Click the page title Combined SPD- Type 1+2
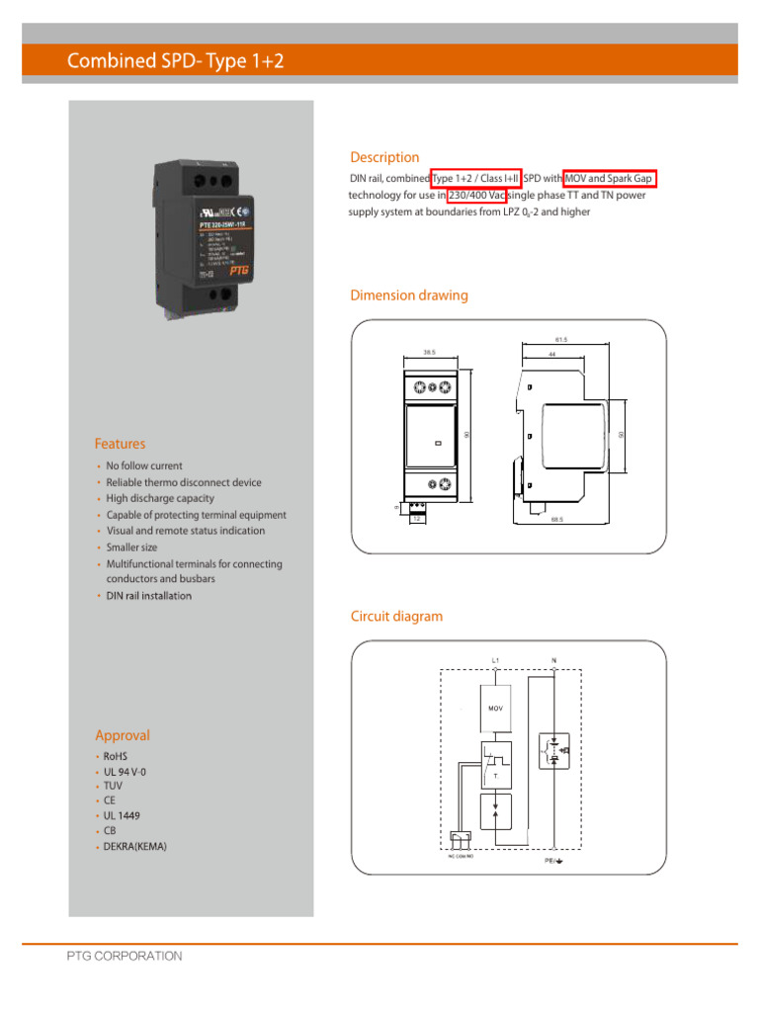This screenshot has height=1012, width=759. [175, 62]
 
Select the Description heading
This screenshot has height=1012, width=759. [384, 157]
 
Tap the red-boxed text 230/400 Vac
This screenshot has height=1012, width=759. [477, 196]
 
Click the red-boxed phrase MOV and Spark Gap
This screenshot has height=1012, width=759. [610, 178]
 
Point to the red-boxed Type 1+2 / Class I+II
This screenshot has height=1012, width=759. [475, 178]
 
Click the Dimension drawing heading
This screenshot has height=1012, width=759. [409, 295]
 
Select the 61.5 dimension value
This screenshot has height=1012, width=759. [561, 340]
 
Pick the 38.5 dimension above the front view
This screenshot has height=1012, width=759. [430, 351]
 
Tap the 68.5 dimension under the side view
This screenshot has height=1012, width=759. [557, 518]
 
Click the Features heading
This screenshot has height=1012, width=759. [120, 444]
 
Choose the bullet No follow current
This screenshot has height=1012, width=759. [144, 465]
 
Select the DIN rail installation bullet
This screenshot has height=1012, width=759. [148, 596]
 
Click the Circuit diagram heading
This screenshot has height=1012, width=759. [396, 617]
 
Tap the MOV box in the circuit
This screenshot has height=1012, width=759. [495, 708]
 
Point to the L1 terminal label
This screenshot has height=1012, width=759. [495, 659]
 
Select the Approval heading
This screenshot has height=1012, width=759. [123, 735]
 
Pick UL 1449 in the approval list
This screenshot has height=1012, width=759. [122, 816]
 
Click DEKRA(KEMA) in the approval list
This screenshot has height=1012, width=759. [135, 847]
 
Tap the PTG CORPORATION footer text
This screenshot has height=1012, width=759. [125, 956]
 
